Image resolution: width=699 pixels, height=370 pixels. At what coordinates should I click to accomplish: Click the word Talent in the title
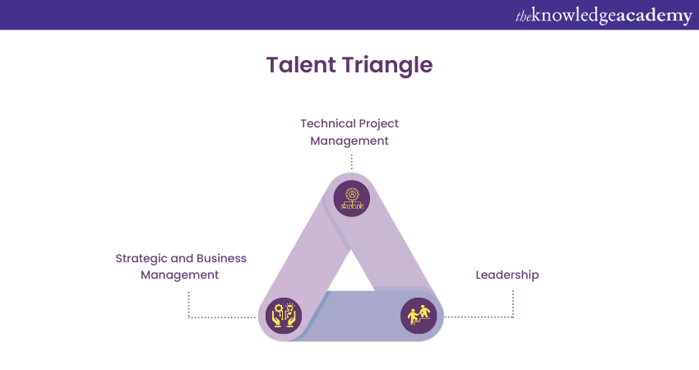point(301,65)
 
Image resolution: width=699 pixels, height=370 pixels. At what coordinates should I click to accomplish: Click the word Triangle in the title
point(388,66)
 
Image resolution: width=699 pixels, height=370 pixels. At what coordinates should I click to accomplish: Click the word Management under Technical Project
point(349,141)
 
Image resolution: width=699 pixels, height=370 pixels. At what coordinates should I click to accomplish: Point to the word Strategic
point(141,259)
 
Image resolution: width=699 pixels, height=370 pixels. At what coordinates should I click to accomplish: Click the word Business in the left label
point(221,258)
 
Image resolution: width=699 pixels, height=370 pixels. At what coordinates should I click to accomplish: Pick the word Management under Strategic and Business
point(179,275)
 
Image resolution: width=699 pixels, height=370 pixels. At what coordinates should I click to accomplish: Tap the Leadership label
point(507,275)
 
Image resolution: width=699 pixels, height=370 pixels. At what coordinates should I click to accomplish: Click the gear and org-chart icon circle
point(352,198)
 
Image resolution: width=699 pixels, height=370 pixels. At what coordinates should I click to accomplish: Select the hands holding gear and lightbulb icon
point(284,316)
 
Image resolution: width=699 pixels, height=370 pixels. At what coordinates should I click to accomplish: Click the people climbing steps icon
point(419,316)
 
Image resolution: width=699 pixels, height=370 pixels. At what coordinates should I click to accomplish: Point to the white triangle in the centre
point(351,275)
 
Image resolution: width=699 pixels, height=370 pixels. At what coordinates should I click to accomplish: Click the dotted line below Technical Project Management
point(352,162)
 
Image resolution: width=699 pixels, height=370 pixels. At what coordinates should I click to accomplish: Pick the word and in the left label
point(182,258)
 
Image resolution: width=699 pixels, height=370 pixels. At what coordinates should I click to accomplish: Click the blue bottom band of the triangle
point(357,317)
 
